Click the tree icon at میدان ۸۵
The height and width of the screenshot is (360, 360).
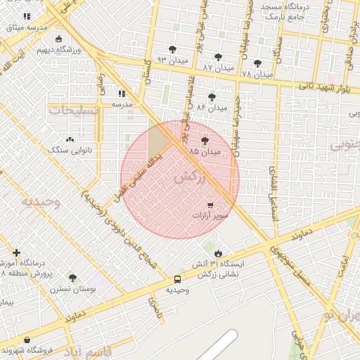(205, 141)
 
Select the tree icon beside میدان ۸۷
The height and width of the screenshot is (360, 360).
(218, 56)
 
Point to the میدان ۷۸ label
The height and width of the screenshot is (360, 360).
(256, 74)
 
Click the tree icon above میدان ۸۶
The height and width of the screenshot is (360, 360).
(212, 98)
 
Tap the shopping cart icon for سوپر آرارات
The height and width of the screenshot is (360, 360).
(210, 205)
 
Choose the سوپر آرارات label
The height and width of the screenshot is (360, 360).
(210, 216)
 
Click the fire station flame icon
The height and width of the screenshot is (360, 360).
(218, 253)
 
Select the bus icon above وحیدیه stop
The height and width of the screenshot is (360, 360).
(177, 280)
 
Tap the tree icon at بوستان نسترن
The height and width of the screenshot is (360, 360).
(72, 278)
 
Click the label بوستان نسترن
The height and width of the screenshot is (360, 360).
(71, 288)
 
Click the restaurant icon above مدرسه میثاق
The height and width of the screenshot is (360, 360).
(27, 16)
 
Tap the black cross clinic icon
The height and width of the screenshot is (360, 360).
(16, 252)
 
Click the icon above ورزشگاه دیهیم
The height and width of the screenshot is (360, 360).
(58, 39)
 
